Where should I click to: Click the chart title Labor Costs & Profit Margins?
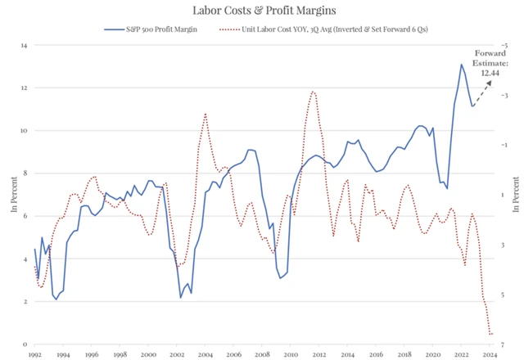[x=262, y=11]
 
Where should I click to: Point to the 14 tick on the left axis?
[x=25, y=45]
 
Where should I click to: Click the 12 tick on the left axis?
[x=25, y=88]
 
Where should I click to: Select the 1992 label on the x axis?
[x=34, y=354]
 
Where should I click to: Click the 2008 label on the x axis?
[x=261, y=354]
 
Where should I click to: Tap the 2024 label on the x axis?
[x=489, y=354]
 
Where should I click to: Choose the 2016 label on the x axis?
[x=376, y=354]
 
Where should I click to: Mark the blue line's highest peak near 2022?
[x=461, y=65]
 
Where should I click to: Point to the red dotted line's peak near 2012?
[x=314, y=92]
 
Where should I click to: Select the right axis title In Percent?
[x=515, y=197]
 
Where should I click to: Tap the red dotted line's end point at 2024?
[x=490, y=334]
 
